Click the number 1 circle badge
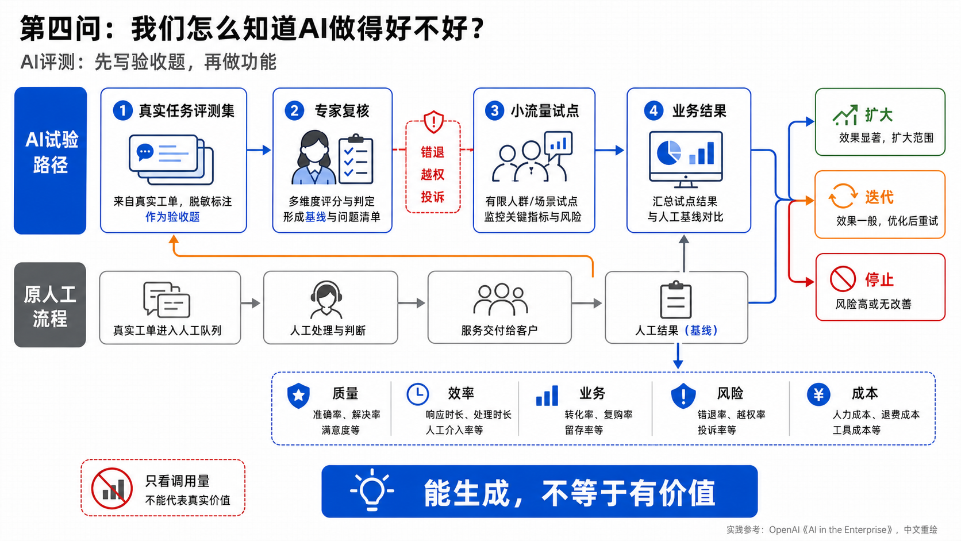[x=122, y=111]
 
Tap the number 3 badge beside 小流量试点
[x=494, y=111]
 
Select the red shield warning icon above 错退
[x=433, y=122]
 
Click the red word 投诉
[x=432, y=197]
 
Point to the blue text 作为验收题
[x=172, y=217]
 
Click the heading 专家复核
[x=342, y=111]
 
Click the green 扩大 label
[x=879, y=115]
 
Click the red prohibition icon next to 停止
[x=843, y=279]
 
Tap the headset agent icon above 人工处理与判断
[x=326, y=300]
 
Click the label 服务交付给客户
[x=499, y=331]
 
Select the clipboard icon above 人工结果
[x=676, y=300]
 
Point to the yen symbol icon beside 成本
[x=818, y=394]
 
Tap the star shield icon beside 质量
[x=299, y=395]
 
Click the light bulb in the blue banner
[x=371, y=490]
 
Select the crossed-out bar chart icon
[x=112, y=488]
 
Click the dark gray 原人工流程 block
[x=50, y=305]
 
